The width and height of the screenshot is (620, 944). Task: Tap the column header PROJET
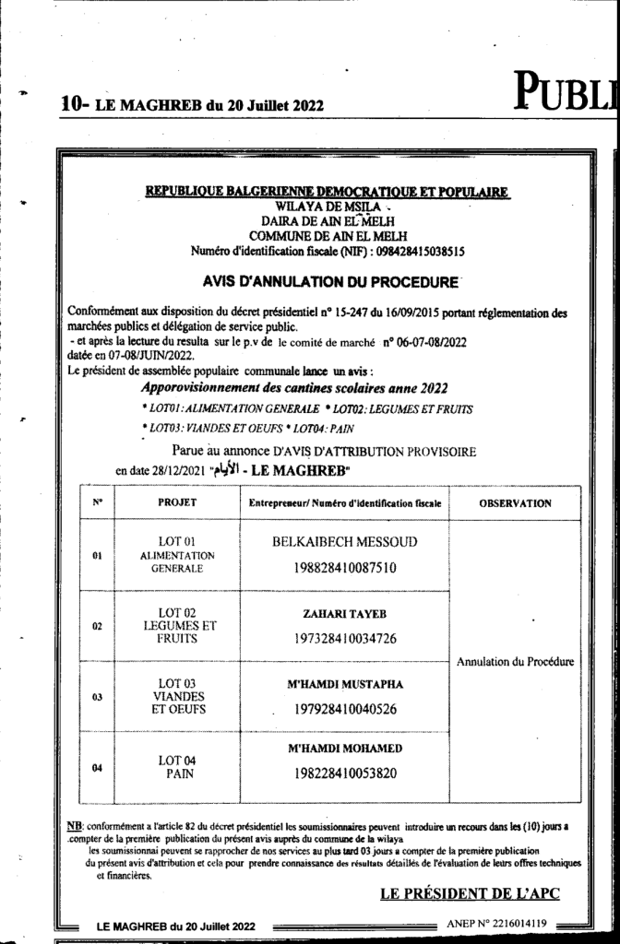pos(177,503)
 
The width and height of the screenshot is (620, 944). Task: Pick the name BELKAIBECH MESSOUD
pos(344,543)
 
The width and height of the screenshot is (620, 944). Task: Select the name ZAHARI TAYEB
pos(344,613)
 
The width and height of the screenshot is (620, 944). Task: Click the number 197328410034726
pos(344,638)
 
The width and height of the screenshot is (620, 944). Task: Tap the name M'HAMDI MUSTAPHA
pos(344,684)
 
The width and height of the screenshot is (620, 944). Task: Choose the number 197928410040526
pos(344,710)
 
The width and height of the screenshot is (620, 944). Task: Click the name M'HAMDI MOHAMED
pos(344,748)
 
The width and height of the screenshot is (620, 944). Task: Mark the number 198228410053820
pos(344,773)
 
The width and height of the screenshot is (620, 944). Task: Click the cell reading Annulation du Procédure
pos(516,661)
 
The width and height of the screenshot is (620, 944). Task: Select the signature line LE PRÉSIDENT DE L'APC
pos(470,892)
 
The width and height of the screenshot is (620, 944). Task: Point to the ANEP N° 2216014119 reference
pos(497,923)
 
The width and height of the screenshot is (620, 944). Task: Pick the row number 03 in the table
pos(97,698)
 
